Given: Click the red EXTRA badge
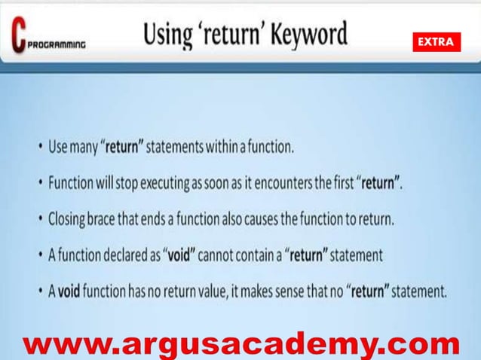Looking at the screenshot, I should tap(435, 43).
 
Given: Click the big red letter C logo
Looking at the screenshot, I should tap(18, 35).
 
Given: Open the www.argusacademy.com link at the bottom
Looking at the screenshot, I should tap(240, 344).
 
